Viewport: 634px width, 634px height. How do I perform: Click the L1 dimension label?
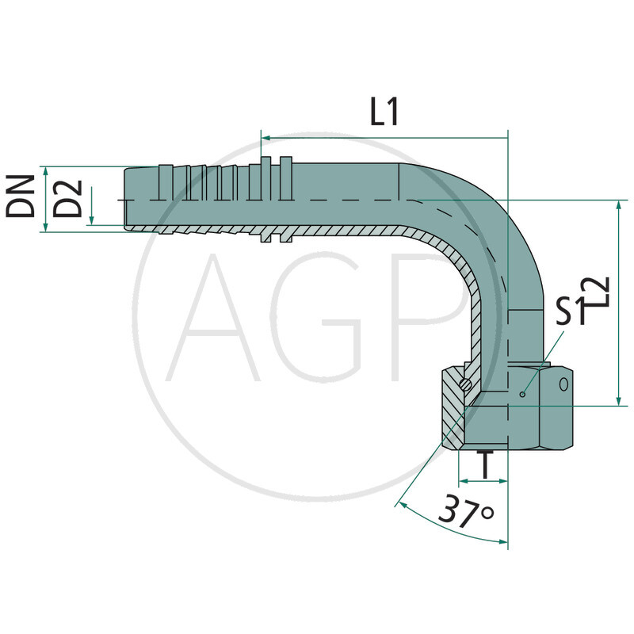tap(384, 113)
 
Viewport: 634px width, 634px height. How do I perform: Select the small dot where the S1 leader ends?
tap(522, 394)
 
